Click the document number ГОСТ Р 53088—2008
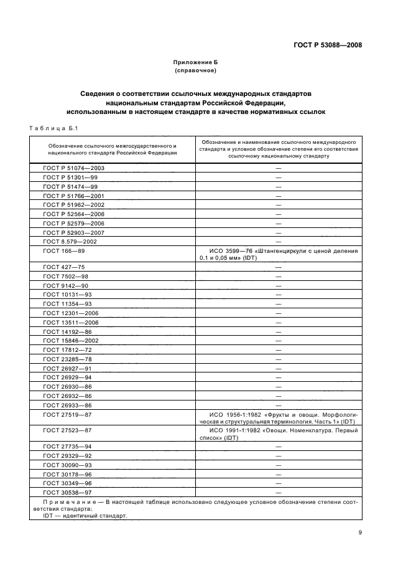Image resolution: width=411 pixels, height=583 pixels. [x=328, y=45]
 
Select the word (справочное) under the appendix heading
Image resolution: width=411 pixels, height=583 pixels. [x=196, y=72]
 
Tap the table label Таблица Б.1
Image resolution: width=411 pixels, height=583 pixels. [x=53, y=129]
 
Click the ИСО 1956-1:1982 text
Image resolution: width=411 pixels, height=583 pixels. [x=234, y=414]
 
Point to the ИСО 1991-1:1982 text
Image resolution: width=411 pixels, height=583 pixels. [x=234, y=430]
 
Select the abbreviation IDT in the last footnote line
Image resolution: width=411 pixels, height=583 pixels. [x=47, y=516]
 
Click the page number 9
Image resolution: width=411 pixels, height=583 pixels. [x=360, y=533]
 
